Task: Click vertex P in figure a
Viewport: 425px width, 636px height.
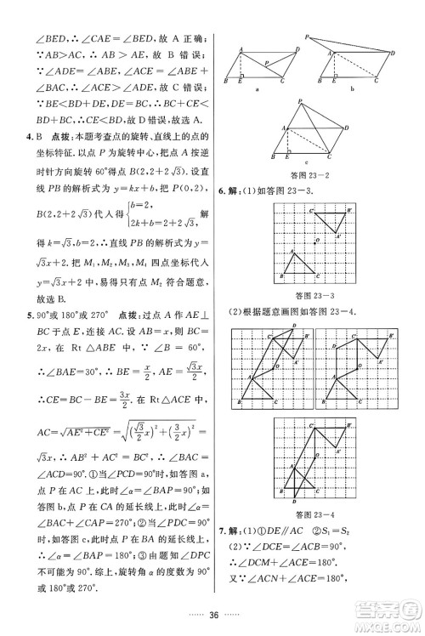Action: coord(266,61)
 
